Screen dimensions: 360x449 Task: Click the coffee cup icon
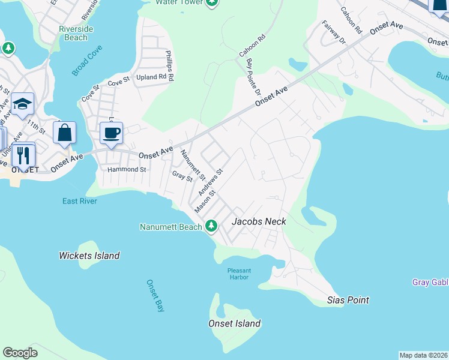point(111,133)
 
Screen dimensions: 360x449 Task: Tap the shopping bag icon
point(65,133)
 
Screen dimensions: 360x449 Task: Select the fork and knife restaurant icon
point(23,155)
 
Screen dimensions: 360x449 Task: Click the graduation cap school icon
point(22,105)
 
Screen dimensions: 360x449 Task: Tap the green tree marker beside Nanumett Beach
point(211,226)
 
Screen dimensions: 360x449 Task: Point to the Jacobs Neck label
point(259,221)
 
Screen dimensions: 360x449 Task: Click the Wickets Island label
point(89,256)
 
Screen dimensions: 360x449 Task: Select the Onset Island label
point(234,323)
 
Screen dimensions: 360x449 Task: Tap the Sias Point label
point(348,299)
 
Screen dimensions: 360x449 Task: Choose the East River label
point(80,201)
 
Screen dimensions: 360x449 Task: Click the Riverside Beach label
point(73,33)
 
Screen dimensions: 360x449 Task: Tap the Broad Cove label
point(88,62)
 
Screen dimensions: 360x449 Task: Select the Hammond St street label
point(127,170)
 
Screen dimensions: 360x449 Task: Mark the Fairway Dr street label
point(334,32)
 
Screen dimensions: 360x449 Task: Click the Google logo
point(20,353)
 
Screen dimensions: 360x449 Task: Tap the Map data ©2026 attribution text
point(423,355)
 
